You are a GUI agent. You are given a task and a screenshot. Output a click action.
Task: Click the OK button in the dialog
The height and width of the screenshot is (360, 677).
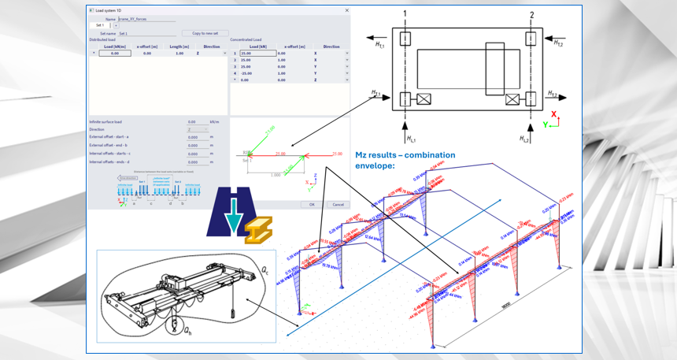312,204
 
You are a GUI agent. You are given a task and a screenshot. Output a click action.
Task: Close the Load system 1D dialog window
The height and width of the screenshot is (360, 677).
347,9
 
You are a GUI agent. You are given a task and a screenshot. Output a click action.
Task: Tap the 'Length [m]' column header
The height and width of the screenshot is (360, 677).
178,46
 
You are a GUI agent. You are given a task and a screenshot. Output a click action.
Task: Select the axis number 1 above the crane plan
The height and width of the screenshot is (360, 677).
404,14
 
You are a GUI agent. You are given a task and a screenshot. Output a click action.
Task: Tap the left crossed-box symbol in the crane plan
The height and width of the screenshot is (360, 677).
424,99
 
